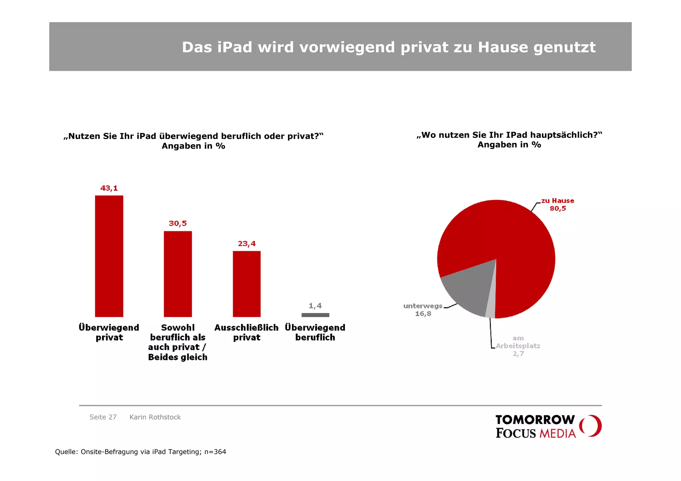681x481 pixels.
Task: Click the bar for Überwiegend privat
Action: tap(109, 256)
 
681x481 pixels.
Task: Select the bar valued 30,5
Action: tap(178, 274)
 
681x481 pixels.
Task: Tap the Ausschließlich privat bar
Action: tap(246, 284)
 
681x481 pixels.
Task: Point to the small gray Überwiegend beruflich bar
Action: tap(315, 315)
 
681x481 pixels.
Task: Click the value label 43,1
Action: tap(109, 188)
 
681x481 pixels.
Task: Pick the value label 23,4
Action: tap(247, 244)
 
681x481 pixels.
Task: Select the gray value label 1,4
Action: tap(315, 305)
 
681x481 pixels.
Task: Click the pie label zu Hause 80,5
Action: tap(557, 204)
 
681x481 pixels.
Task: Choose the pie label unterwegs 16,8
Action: tap(423, 309)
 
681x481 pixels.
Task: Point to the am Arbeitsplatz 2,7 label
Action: tap(518, 346)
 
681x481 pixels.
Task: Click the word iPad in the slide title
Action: tap(235, 47)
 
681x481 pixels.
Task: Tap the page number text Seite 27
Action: tap(103, 417)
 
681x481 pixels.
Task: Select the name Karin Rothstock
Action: tap(155, 417)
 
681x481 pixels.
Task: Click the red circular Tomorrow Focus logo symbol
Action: tap(590, 426)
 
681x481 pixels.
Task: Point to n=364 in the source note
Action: tap(215, 452)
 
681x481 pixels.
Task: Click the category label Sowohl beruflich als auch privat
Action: tap(178, 342)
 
